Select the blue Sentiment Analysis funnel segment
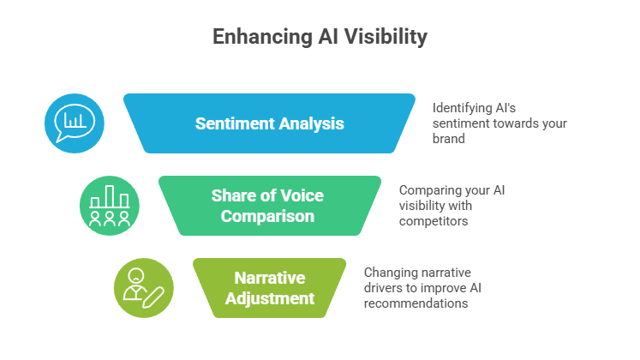pos(269,123)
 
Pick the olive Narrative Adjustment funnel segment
pos(269,288)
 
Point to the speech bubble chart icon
pos(75,123)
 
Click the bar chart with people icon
pos(109,206)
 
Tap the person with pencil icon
pos(143,288)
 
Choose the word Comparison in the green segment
pos(268,216)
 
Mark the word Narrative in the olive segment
pos(269,278)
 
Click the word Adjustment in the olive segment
pos(269,298)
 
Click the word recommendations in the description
pos(416,303)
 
